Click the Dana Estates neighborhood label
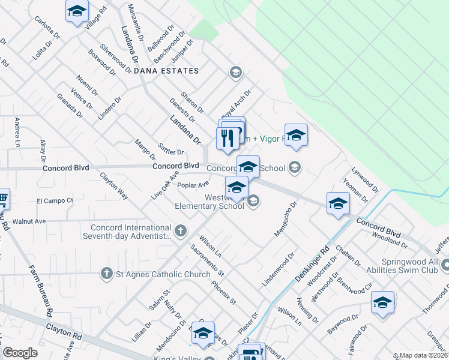pyautogui.click(x=166, y=71)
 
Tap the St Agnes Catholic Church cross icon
pyautogui.click(x=106, y=273)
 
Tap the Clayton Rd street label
pyautogui.click(x=64, y=332)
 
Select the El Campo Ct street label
pyautogui.click(x=55, y=200)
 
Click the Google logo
pyautogui.click(x=20, y=353)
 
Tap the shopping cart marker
pyautogui.click(x=2, y=197)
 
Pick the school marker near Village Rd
pyautogui.click(x=76, y=12)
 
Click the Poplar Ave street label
pyautogui.click(x=193, y=185)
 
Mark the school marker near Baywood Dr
pyautogui.click(x=382, y=303)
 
